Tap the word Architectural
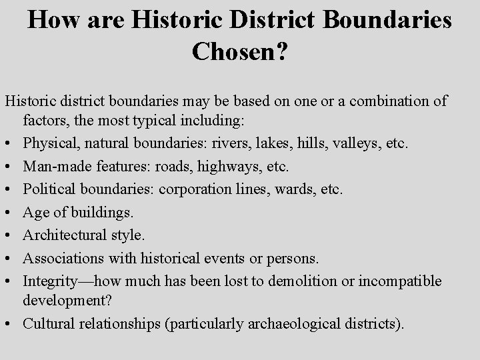coord(63,235)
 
